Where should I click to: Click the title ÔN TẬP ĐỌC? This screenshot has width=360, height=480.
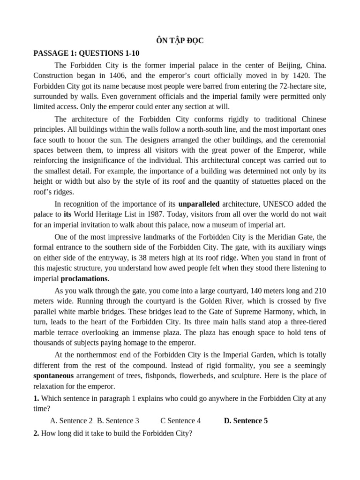click(180, 41)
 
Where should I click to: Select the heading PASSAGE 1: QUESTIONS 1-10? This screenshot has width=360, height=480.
click(86, 53)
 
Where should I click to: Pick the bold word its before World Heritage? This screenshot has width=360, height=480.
click(67, 214)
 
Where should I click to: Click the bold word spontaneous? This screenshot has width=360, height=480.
click(53, 376)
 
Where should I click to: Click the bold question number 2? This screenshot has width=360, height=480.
click(36, 434)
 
